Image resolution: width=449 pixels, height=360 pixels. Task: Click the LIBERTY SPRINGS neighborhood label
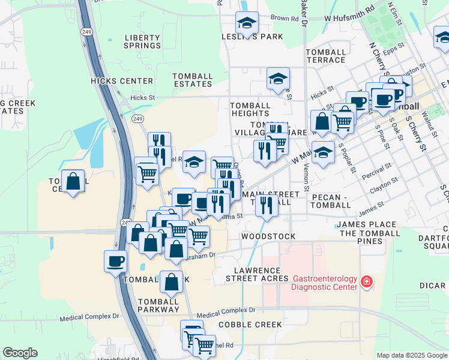(142, 41)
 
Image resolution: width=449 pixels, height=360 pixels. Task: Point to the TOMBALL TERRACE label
(325, 56)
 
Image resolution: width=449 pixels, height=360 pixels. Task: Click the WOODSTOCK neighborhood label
(268, 236)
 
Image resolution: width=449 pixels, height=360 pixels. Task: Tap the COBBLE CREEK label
(250, 325)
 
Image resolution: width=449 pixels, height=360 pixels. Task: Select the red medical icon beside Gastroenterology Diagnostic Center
(366, 281)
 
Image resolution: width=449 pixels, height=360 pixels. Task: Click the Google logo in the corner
(20, 353)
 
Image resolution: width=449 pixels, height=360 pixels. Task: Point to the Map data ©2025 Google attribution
(412, 355)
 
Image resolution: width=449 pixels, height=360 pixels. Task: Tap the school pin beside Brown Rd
(247, 24)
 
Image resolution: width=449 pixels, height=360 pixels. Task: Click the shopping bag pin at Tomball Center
(73, 181)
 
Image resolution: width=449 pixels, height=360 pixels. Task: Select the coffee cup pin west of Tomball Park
(115, 261)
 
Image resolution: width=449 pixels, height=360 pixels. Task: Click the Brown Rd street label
(284, 19)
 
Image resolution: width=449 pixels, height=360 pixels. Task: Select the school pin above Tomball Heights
(278, 79)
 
